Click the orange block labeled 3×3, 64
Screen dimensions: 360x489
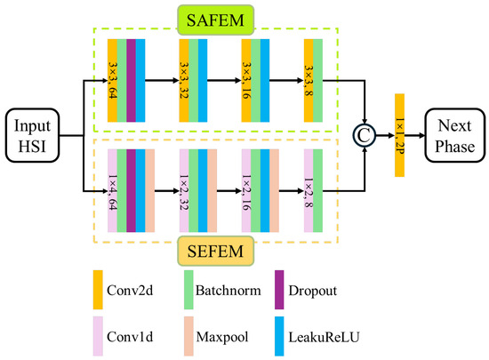112,80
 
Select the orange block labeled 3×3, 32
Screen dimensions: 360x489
183,80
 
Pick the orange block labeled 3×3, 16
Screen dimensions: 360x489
245,80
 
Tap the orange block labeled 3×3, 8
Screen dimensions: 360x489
308,80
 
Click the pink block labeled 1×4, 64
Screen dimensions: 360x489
112,191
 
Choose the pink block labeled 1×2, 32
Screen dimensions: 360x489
183,191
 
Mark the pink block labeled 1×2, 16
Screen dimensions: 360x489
245,191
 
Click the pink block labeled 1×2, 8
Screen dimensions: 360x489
308,191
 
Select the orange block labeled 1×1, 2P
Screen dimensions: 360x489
399,135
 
